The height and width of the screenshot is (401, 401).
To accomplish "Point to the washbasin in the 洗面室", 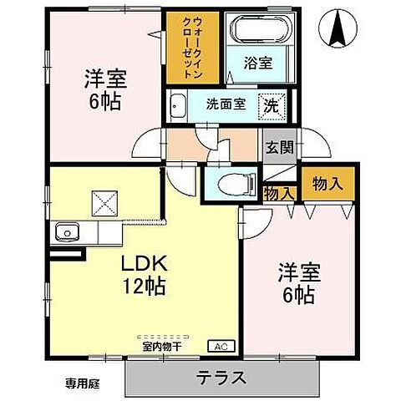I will tap(179, 106).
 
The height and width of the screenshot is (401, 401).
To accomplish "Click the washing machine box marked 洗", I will tap(272, 106).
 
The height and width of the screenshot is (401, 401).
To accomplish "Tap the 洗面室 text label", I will tap(226, 107).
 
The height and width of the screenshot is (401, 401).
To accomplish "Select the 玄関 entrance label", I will tap(278, 148).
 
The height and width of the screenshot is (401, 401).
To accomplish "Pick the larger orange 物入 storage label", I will tap(327, 185).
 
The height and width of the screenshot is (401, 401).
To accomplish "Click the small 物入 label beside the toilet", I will tap(278, 194).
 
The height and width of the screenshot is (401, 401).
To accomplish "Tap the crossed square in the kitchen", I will tap(106, 201).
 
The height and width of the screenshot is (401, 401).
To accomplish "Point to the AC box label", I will tap(223, 345).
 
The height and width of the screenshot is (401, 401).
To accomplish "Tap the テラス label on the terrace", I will tap(222, 377).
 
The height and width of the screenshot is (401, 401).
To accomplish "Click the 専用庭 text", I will tap(81, 383).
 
